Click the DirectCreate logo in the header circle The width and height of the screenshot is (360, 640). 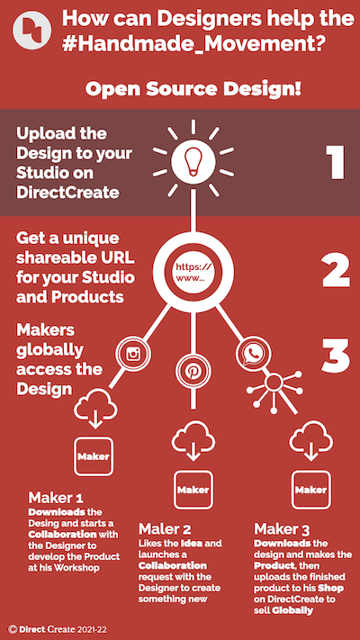(31, 30)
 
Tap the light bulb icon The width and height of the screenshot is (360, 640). (193, 160)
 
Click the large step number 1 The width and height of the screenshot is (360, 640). (337, 162)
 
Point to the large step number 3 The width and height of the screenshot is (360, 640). (336, 356)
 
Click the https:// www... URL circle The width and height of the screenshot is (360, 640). (193, 273)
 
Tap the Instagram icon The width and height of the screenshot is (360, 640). (133, 353)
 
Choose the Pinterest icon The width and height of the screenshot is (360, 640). (193, 371)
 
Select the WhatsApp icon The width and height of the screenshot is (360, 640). (254, 354)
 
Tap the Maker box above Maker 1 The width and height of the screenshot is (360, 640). (94, 456)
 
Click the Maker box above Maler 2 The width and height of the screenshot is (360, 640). (193, 490)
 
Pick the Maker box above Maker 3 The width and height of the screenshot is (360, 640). (311, 490)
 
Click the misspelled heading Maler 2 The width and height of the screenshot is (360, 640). (165, 529)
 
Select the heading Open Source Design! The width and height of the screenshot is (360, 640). (193, 89)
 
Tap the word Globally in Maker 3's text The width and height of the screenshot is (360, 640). (292, 610)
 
